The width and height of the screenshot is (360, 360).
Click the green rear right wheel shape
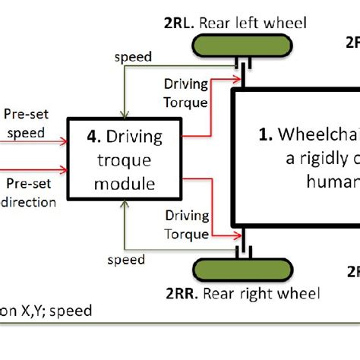click(242, 270)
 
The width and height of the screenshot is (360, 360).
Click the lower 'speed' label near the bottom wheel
click(126, 260)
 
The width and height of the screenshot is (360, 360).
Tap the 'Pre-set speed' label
click(25, 124)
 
